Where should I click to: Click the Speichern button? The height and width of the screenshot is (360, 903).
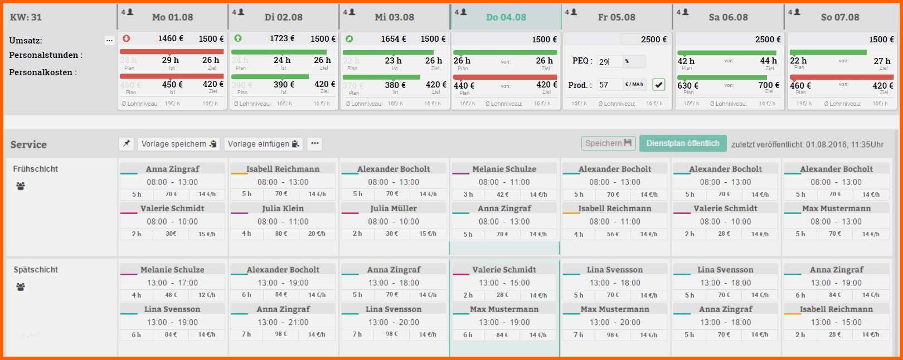point(608,143)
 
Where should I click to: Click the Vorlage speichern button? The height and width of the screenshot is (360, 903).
point(178,144)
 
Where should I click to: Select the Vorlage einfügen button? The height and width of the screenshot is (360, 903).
point(264,144)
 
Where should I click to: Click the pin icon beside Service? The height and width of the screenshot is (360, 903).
point(127,144)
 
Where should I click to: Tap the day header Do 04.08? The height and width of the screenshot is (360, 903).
point(506,17)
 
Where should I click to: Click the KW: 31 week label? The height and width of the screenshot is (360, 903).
point(26,17)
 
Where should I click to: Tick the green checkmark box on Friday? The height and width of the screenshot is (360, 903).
point(659,85)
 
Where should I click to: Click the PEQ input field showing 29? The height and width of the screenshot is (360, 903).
point(609,61)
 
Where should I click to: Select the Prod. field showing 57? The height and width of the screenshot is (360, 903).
point(609,85)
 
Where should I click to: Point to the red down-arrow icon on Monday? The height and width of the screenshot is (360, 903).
point(127,38)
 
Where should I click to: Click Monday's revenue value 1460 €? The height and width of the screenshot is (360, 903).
point(171,38)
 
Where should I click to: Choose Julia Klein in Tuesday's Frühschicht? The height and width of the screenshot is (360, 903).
point(283,208)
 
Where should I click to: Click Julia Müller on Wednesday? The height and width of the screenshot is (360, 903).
point(394,208)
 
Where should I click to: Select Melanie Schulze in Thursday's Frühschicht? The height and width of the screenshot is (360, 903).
point(504,169)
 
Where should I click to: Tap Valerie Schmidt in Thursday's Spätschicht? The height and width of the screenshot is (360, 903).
point(504,270)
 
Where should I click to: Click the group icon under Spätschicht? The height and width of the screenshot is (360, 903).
point(21,287)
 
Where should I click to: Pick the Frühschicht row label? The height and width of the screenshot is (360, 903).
point(36,169)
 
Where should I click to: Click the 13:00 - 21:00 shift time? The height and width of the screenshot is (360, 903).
point(283,322)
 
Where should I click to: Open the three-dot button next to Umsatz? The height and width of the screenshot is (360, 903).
point(109,40)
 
